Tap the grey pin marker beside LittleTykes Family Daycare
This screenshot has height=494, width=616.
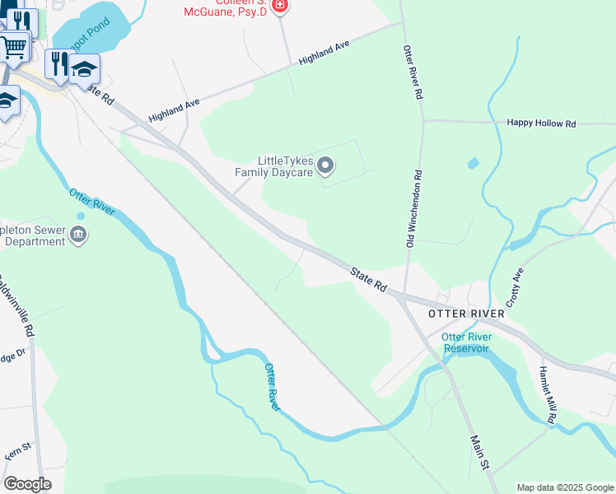pyautogui.click(x=325, y=166)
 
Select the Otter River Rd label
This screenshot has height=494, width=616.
pyautogui.click(x=413, y=72)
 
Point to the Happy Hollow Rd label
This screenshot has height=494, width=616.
pyautogui.click(x=541, y=123)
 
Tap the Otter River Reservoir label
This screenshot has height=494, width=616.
pyautogui.click(x=466, y=343)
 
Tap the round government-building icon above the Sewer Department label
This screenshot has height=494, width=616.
pyautogui.click(x=80, y=235)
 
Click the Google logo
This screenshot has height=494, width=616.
pyautogui.click(x=27, y=484)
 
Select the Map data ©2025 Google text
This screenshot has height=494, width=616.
pyautogui.click(x=565, y=487)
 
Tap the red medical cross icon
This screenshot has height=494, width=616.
pyautogui.click(x=281, y=7)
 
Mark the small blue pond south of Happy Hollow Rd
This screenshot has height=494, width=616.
pyautogui.click(x=472, y=163)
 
